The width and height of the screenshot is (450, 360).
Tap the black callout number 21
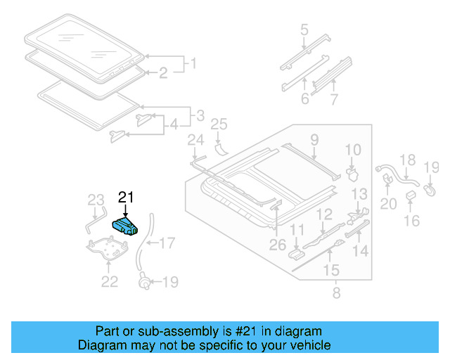coord(125,198)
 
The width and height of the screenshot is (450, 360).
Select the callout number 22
coord(109,281)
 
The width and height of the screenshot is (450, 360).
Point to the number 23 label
coord(95,201)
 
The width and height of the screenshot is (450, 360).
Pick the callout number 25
coord(219,124)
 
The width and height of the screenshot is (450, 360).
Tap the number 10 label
coord(352,149)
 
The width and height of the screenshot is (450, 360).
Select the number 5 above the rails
coord(304,30)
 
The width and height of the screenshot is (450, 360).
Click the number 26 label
coord(278,245)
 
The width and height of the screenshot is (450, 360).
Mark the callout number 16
coord(412,221)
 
